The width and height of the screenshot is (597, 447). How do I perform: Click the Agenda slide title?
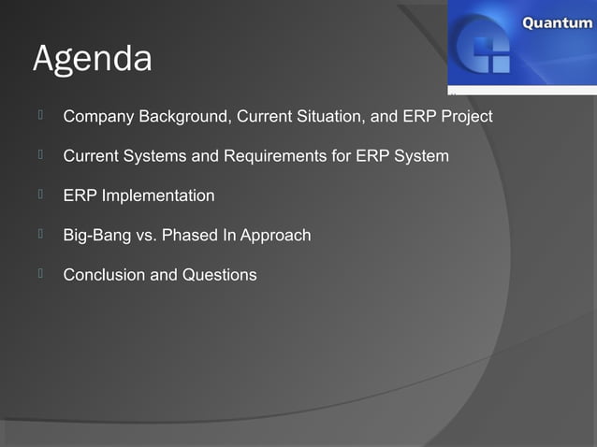coord(92,59)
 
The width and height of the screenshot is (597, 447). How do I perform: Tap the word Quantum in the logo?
coord(556,22)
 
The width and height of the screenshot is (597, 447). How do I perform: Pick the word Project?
coord(466,118)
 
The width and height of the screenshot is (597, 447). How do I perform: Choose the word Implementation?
coord(157,195)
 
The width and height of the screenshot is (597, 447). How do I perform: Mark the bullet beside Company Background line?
coord(42,116)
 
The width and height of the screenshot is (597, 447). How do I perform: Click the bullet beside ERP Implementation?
coord(42,194)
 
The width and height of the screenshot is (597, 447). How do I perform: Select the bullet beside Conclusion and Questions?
coord(42,273)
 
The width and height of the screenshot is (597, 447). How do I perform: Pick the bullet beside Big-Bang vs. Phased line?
coord(42,233)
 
